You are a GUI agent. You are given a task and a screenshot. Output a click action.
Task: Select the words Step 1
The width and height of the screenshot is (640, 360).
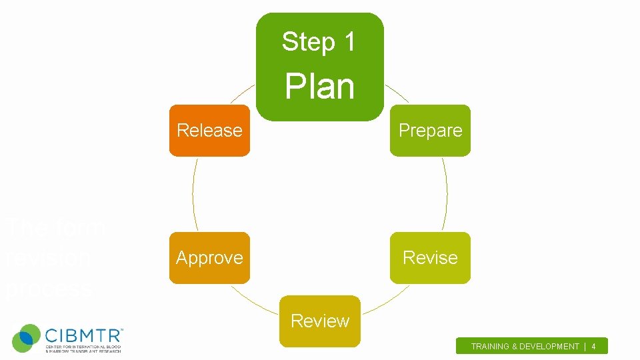pos(319,41)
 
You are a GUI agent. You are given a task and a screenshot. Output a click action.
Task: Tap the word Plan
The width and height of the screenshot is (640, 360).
pos(320,87)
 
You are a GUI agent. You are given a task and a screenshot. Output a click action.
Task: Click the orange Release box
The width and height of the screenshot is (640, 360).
pos(209,131)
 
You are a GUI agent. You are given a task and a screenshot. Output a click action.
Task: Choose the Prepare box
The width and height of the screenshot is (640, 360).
pos(430,131)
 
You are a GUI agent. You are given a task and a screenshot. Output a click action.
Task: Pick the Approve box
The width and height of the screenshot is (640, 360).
pos(209,257)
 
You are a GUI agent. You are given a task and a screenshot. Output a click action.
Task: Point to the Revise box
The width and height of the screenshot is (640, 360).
pos(430,257)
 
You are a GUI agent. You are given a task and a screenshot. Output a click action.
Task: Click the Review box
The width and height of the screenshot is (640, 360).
pos(320,321)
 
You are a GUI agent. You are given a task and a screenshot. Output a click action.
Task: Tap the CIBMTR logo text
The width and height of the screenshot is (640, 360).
pos(83,333)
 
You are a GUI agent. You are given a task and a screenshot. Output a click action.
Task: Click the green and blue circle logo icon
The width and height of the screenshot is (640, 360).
pos(27,338)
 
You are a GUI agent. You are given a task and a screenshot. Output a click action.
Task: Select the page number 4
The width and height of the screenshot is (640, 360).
pos(593,347)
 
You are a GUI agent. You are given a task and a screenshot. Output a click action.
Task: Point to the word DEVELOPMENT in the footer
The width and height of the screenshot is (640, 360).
pos(550,347)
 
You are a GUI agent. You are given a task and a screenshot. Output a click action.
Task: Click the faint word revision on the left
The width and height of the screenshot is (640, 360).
pos(48,258)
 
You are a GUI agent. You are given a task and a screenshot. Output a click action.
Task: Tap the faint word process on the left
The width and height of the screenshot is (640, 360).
pos(48,289)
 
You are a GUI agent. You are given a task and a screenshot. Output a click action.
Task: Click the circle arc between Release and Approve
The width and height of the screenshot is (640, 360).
pos(193,194)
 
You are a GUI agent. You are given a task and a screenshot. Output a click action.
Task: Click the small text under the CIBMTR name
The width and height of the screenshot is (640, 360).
pos(83,349)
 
